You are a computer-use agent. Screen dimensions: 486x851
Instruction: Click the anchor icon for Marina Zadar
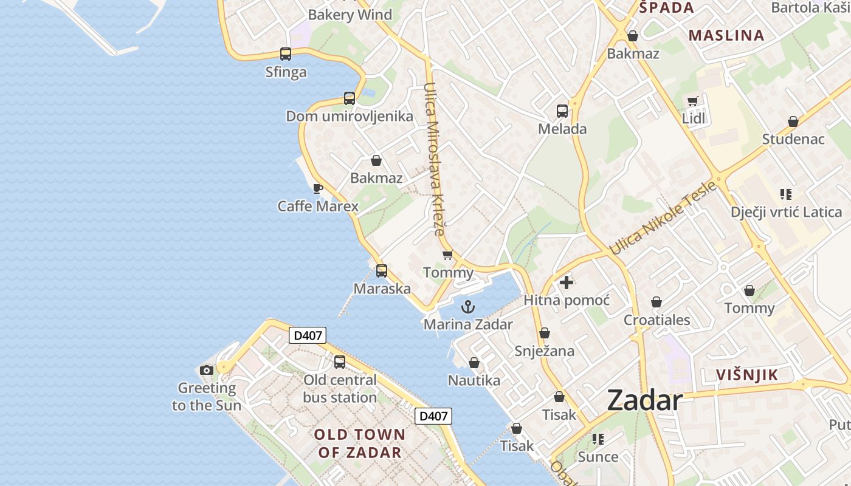(x=467, y=307)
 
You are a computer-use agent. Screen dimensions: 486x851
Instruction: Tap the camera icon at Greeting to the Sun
(x=207, y=370)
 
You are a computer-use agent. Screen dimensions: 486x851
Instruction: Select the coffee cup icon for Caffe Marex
(x=317, y=188)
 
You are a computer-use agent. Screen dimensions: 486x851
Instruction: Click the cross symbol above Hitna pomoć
(x=566, y=282)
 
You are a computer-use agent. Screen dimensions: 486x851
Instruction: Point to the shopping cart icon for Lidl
(x=692, y=101)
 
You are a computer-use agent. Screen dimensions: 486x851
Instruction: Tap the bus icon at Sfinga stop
(x=286, y=54)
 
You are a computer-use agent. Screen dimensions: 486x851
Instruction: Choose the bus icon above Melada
(x=562, y=111)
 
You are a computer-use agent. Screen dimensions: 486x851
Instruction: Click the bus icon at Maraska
(x=382, y=271)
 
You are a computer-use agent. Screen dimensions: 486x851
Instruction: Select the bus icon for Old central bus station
(x=340, y=362)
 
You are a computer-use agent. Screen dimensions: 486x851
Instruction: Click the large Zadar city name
(x=644, y=400)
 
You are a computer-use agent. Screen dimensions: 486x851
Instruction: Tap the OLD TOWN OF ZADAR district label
(x=359, y=443)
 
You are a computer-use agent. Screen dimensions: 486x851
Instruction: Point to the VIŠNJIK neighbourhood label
(x=747, y=375)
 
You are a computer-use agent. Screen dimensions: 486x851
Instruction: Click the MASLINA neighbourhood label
(x=726, y=35)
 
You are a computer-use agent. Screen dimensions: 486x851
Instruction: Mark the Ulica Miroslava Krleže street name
(x=435, y=159)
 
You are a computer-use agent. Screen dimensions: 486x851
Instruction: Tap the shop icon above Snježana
(x=545, y=333)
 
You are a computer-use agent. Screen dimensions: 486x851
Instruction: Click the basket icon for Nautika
(x=474, y=363)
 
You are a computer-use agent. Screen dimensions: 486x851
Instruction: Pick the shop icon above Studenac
(x=793, y=122)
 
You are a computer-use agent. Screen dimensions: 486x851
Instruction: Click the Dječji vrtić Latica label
(x=786, y=212)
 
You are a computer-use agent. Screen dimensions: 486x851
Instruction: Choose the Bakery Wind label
(x=350, y=15)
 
